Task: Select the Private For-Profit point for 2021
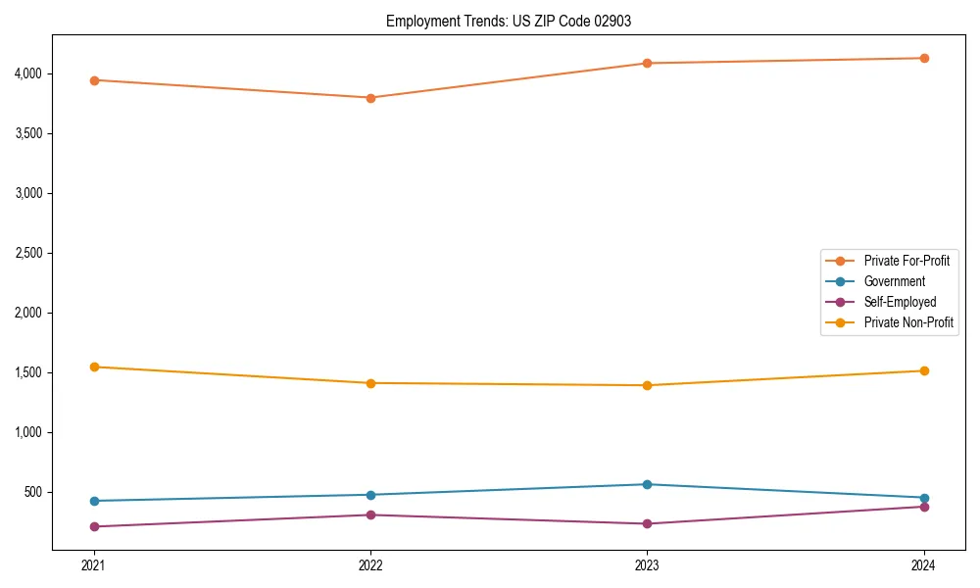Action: (94, 80)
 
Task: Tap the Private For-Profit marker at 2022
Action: (370, 98)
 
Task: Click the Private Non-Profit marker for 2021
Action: (94, 367)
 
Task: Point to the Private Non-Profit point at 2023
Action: (647, 385)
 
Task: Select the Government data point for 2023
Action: (647, 484)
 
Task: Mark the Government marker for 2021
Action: (94, 501)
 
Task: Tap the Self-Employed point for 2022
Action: (370, 514)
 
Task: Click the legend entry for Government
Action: (894, 281)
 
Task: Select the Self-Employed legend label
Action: (900, 302)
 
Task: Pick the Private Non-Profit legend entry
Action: (908, 322)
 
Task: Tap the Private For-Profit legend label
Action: (906, 261)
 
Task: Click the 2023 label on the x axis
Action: (647, 564)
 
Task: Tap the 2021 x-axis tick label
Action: (94, 564)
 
